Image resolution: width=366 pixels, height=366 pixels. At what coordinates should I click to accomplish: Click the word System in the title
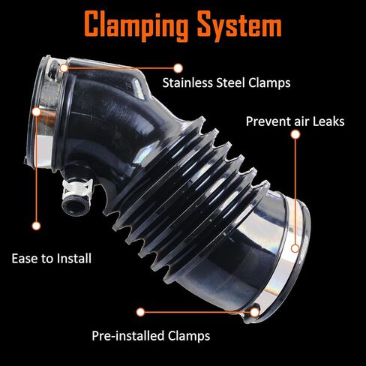tap(239, 26)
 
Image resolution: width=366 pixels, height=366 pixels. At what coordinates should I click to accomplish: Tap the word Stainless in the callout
tap(187, 82)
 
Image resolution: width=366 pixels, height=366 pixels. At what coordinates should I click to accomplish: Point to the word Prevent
tap(268, 121)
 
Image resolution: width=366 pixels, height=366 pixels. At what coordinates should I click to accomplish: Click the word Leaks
tap(328, 121)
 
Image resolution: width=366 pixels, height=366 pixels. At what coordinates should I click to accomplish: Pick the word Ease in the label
tap(25, 259)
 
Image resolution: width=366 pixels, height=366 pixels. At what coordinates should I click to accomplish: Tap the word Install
tap(74, 259)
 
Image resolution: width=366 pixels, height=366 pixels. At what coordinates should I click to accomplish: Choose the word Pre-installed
tap(128, 336)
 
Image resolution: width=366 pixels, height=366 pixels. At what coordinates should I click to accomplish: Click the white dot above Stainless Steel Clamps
tap(178, 68)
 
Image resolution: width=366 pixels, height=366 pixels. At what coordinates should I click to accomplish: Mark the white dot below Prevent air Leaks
tap(295, 134)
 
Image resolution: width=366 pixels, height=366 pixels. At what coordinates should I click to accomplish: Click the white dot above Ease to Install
tap(36, 226)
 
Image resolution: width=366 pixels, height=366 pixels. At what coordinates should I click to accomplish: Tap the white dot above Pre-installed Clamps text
tap(140, 312)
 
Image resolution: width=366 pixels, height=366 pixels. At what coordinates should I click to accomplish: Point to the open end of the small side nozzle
tap(74, 206)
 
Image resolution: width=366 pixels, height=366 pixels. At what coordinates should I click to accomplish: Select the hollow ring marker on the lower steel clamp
tap(295, 248)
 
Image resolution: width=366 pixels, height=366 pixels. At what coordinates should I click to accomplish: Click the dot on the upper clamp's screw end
tap(64, 67)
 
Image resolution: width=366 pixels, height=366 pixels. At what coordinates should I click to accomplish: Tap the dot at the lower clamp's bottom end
tap(254, 312)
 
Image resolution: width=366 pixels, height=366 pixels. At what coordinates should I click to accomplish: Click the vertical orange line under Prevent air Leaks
tap(295, 191)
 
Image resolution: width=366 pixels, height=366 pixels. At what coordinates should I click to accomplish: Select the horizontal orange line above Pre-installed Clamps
tap(197, 312)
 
